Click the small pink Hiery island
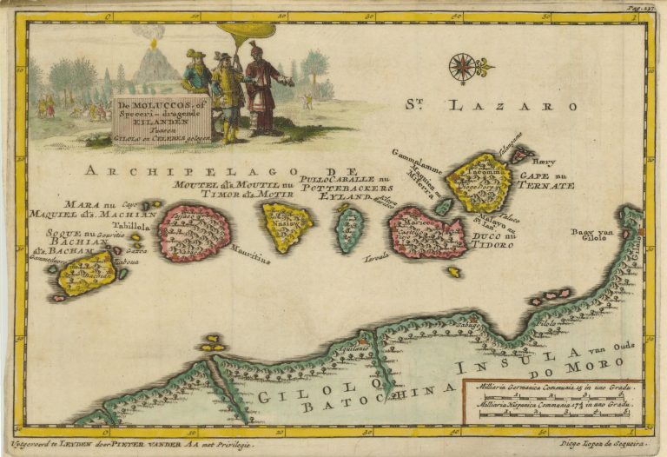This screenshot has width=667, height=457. click(x=519, y=155)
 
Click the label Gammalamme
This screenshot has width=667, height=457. click(x=419, y=162)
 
